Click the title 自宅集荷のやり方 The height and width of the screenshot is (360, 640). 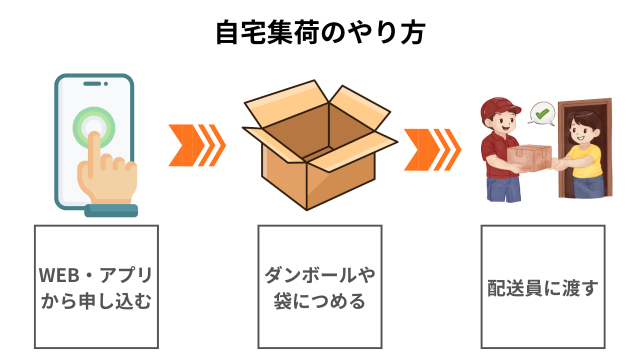(320, 33)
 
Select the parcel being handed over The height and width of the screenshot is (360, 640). (530, 156)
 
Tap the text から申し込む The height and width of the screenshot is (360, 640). (96, 299)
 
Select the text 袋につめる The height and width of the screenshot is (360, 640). (319, 299)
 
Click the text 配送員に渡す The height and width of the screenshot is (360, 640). (542, 288)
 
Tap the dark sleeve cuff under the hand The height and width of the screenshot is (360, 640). (110, 209)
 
